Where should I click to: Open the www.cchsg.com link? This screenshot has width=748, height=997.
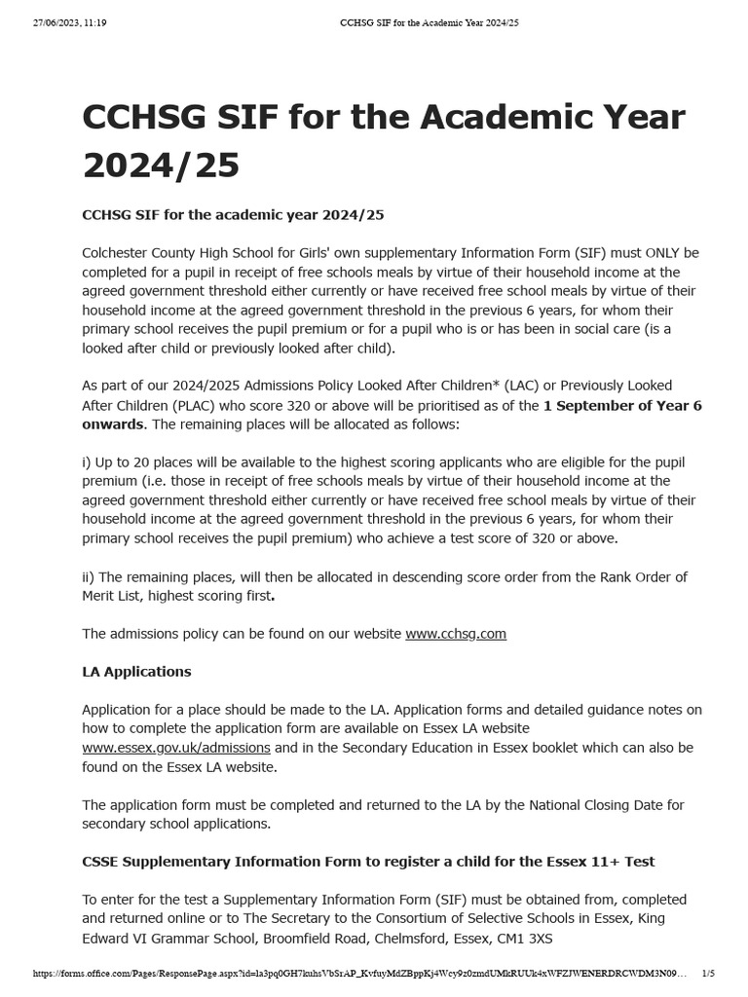tap(456, 634)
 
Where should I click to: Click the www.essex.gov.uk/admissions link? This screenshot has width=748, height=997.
tap(176, 748)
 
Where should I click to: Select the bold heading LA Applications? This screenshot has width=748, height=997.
tap(136, 672)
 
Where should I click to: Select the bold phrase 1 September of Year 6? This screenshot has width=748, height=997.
tap(622, 405)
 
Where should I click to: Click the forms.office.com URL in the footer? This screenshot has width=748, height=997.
tap(360, 974)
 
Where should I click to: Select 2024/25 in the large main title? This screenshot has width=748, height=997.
tap(161, 166)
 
